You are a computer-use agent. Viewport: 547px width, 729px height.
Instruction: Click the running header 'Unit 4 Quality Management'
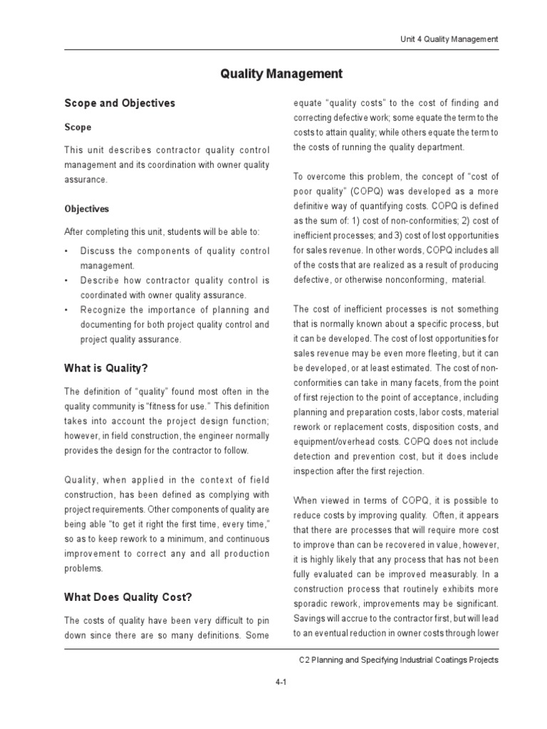click(x=448, y=38)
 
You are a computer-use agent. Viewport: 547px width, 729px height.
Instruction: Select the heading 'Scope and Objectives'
click(x=119, y=103)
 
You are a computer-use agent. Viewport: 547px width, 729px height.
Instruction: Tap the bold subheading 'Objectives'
click(x=87, y=209)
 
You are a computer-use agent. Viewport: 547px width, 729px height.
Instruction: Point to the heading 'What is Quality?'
click(x=106, y=368)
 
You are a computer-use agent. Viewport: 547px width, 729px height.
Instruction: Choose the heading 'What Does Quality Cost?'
click(x=128, y=597)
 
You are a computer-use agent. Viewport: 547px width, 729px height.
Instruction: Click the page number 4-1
click(x=281, y=681)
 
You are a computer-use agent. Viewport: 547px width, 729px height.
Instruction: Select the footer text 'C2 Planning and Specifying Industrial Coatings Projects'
click(x=398, y=660)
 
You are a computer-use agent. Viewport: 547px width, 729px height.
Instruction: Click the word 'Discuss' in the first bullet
click(x=97, y=251)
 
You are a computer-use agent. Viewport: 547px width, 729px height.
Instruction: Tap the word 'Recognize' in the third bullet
click(x=104, y=310)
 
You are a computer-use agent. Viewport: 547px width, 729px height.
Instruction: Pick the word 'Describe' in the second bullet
click(x=100, y=280)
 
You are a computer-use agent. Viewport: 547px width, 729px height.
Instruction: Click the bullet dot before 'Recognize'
click(x=66, y=310)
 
